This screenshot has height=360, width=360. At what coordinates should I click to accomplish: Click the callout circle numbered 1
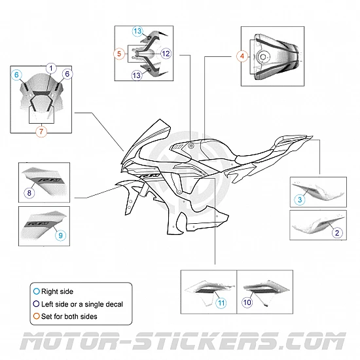point(51,68)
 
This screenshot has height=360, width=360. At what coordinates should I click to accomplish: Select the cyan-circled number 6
point(17,75)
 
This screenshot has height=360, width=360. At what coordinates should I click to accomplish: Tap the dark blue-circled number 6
point(69,74)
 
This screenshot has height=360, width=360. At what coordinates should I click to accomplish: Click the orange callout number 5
point(119,52)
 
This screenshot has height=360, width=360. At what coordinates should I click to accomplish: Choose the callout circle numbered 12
point(166,52)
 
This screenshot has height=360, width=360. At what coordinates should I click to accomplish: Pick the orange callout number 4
point(242,56)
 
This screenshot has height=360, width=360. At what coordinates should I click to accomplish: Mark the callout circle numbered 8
point(29,192)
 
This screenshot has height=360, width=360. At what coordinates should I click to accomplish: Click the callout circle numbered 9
point(60,234)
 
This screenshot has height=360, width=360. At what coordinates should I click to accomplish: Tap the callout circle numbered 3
point(300,199)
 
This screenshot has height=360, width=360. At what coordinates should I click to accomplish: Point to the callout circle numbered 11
point(221,303)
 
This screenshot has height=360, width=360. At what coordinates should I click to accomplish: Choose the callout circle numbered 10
point(247,303)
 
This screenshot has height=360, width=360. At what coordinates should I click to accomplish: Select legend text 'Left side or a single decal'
point(82,303)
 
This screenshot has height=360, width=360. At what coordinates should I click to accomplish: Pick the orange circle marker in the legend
point(35,317)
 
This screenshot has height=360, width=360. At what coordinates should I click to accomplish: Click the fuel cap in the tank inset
point(264,56)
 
